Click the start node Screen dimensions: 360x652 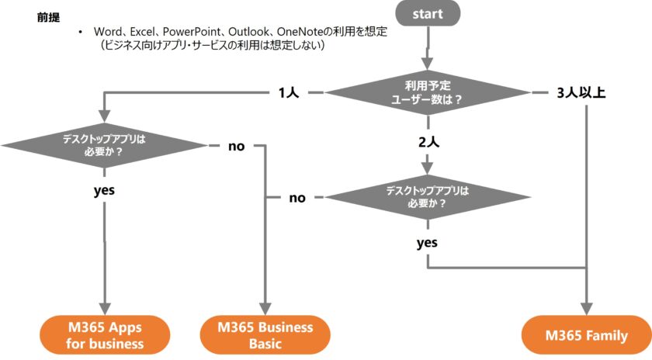[428, 13]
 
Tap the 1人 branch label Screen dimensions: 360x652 [289, 93]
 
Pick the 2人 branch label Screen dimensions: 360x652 [428, 143]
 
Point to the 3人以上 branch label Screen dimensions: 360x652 [581, 93]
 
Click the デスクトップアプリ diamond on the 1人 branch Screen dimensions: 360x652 [104, 146]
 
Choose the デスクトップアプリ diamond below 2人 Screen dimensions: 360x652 [428, 197]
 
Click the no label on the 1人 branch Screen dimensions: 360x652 [236, 146]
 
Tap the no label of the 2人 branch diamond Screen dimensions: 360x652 [297, 197]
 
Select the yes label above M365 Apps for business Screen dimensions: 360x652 [104, 189]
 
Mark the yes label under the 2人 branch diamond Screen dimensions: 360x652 [427, 242]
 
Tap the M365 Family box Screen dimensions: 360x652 [586, 335]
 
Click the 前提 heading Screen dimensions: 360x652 [48, 17]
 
